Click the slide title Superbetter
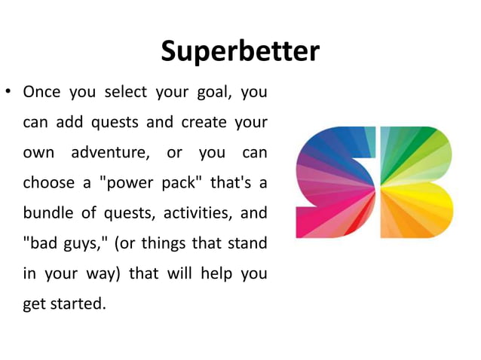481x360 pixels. pyautogui.click(x=240, y=51)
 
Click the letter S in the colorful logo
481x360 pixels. pyautogui.click(x=335, y=182)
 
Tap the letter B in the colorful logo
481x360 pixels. pyautogui.click(x=416, y=182)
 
